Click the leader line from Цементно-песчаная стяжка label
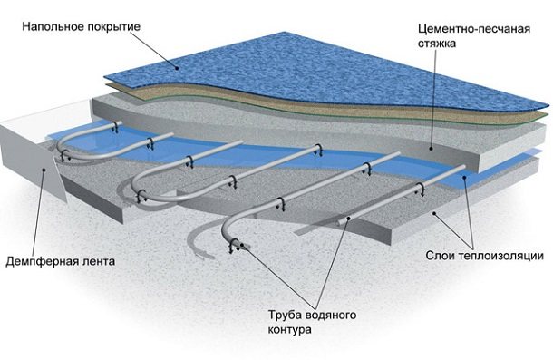tap(440, 100)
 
